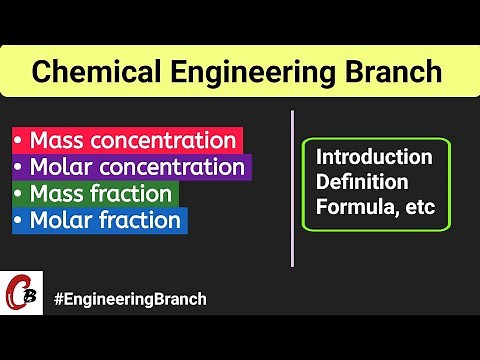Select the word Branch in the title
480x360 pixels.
click(383, 72)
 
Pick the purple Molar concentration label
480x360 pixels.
click(130, 167)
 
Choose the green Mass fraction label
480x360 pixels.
click(95, 193)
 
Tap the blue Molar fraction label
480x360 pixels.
click(98, 219)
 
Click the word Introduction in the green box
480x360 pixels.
click(374, 157)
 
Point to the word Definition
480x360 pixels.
click(362, 183)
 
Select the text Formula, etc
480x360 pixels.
click(375, 209)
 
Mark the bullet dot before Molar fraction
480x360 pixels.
click(20, 220)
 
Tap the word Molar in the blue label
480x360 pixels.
click(56, 219)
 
